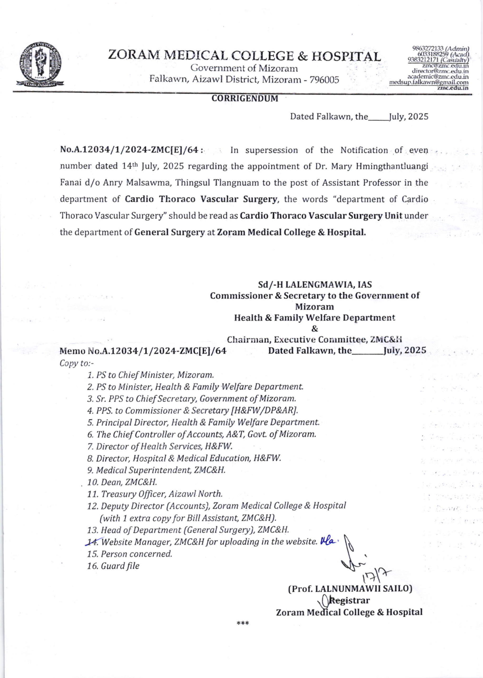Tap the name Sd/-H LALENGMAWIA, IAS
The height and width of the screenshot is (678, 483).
[x=315, y=285]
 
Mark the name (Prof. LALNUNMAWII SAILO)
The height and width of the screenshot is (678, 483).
[x=350, y=589]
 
